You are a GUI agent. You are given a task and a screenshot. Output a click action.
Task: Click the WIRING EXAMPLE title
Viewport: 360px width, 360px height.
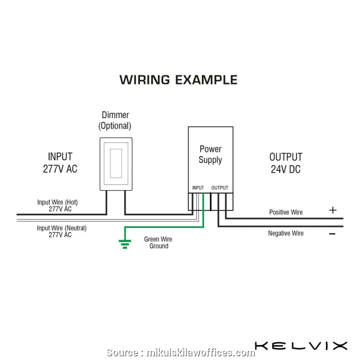(178, 80)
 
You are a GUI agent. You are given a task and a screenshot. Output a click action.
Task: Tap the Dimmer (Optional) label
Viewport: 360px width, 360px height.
(115, 120)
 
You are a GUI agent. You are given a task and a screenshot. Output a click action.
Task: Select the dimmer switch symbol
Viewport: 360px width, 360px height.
(116, 164)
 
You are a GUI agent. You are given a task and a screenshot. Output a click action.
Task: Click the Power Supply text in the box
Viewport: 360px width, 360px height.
(210, 154)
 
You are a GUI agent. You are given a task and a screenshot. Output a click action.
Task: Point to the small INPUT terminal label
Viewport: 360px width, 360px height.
(198, 188)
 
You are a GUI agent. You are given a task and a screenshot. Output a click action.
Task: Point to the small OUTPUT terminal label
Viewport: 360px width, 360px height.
(220, 188)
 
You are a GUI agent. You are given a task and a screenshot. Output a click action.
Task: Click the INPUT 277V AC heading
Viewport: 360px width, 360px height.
(60, 163)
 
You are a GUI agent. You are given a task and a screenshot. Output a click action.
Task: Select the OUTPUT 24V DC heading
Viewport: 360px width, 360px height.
(286, 163)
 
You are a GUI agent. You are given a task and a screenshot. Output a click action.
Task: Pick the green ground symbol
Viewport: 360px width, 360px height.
(125, 243)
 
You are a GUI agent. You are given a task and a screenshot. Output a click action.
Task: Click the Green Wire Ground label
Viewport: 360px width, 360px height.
(158, 243)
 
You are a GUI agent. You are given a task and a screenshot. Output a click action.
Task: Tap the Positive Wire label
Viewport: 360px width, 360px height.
(286, 212)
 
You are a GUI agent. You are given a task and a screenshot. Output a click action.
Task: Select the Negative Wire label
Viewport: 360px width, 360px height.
(286, 233)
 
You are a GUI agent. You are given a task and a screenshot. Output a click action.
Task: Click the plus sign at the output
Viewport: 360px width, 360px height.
(332, 210)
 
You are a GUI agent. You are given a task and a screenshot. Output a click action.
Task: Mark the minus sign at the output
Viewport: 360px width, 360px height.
(332, 234)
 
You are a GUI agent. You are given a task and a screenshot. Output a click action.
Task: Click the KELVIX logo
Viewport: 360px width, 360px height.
(301, 346)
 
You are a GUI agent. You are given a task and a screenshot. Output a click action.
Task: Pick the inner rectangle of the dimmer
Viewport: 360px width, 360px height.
(116, 163)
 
